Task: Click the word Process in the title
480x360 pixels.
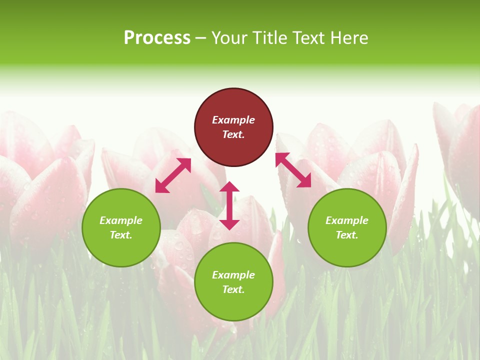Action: tap(157, 38)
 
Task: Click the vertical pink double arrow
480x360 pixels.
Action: tap(229, 205)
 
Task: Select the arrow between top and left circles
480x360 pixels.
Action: tap(173, 175)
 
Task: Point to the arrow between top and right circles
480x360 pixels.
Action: tap(293, 170)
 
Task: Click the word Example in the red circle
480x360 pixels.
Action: tap(233, 120)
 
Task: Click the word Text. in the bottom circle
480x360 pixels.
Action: tap(233, 289)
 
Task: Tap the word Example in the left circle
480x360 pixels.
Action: tap(121, 220)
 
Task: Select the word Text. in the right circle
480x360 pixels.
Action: tap(347, 235)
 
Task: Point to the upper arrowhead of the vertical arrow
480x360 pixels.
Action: tap(229, 187)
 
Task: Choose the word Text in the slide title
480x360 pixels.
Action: tap(308, 38)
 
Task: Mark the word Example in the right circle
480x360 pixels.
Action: tap(347, 220)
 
